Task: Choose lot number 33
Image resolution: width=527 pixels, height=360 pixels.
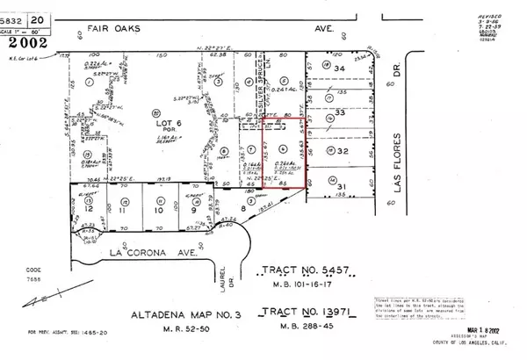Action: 357,112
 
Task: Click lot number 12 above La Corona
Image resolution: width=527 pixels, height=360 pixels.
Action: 90,211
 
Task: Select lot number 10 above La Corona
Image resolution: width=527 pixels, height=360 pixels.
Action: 159,211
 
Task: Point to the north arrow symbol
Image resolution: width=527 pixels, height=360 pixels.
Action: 40,301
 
